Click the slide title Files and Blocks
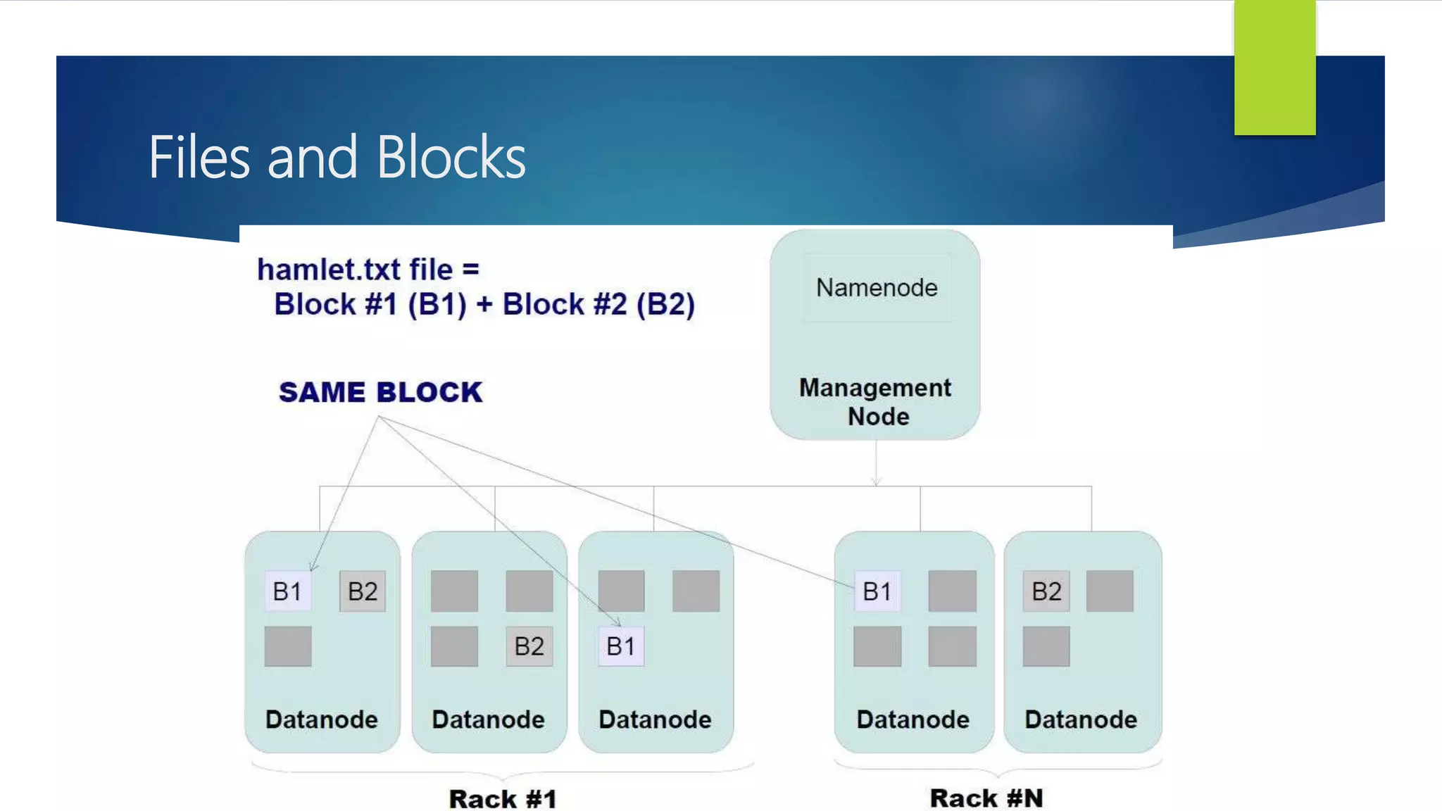click(x=337, y=158)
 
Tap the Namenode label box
click(x=877, y=288)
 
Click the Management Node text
click(x=875, y=402)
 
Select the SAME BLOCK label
click(x=380, y=392)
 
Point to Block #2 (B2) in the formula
click(x=598, y=305)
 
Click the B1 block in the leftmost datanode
click(x=287, y=591)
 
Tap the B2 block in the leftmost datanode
click(x=363, y=591)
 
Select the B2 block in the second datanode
click(x=529, y=646)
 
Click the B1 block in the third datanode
click(x=620, y=646)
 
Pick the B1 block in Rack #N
click(x=877, y=591)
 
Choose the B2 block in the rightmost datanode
click(x=1046, y=591)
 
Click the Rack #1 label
click(x=503, y=799)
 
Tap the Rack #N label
click(x=986, y=798)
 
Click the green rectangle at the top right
click(x=1274, y=68)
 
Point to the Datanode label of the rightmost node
click(x=1081, y=719)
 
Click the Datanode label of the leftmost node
click(x=322, y=719)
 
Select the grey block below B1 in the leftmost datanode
click(x=288, y=646)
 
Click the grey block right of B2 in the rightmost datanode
click(x=1110, y=591)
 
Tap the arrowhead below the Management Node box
click(x=876, y=482)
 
